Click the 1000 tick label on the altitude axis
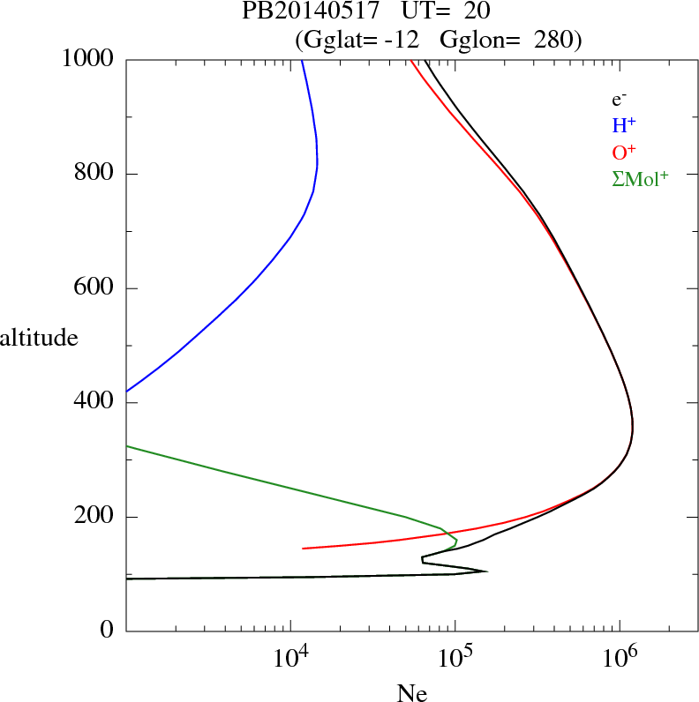pyautogui.click(x=89, y=60)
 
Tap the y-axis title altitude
pyautogui.click(x=39, y=338)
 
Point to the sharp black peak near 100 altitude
pyautogui.click(x=485, y=571)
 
